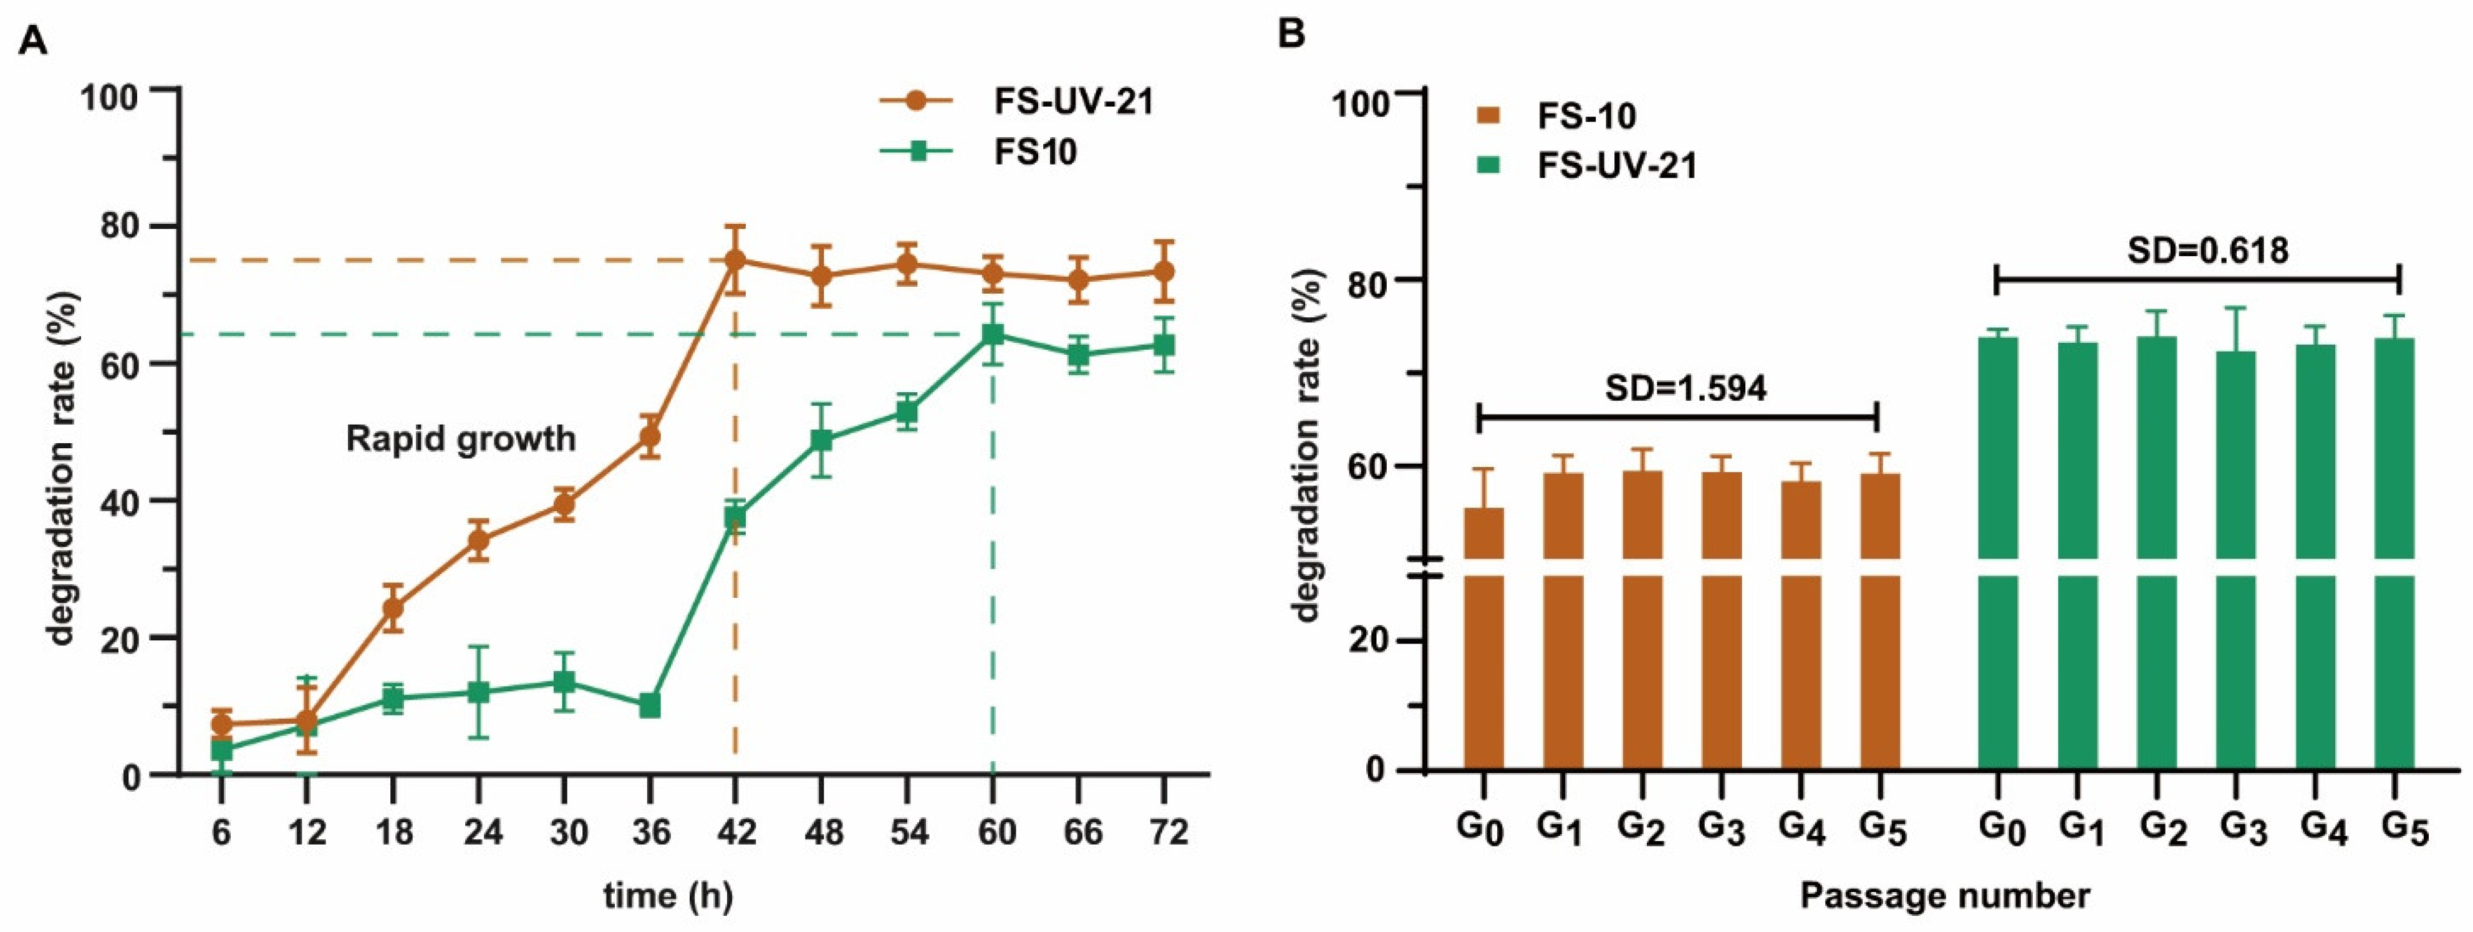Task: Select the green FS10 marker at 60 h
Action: click(993, 334)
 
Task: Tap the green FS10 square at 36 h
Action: click(650, 706)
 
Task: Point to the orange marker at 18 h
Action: click(392, 608)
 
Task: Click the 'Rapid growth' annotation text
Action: click(461, 439)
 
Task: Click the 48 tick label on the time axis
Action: click(822, 831)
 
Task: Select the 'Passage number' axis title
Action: click(1944, 895)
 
